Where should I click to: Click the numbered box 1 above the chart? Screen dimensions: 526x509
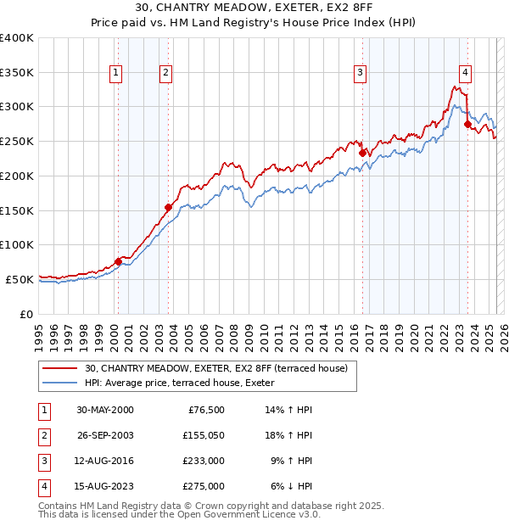tap(115, 73)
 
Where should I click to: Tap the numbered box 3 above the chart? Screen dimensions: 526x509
tap(361, 73)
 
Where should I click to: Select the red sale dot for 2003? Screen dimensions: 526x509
tap(168, 207)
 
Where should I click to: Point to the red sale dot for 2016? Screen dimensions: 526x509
tap(363, 153)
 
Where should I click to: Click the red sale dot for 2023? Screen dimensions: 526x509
tap(467, 124)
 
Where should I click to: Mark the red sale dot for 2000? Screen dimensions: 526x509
tap(118, 261)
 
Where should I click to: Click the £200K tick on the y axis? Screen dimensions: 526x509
tap(16, 176)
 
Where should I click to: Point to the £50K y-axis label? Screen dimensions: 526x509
tap(19, 279)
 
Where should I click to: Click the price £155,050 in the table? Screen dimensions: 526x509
tap(202, 435)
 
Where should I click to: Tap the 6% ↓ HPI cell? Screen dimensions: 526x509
tap(293, 486)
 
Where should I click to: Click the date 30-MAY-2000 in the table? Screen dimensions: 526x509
tap(105, 410)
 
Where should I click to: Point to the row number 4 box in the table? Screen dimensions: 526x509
tap(43, 486)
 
